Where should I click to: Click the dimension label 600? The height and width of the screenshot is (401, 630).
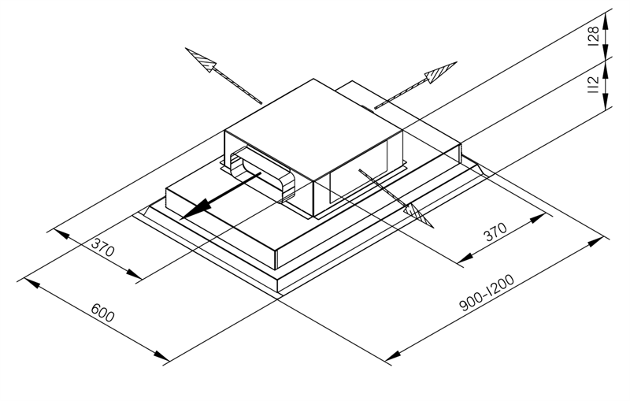click(103, 313)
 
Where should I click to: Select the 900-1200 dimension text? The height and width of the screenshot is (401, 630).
click(487, 293)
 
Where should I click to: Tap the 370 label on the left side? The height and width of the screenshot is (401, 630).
click(103, 247)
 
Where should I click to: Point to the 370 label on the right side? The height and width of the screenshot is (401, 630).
click(495, 232)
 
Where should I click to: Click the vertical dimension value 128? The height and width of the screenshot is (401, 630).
click(594, 36)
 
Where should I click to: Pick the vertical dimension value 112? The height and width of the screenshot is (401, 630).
click(594, 84)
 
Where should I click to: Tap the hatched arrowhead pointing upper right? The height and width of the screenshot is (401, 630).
click(441, 72)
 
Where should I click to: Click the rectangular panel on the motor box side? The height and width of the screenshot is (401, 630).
click(359, 170)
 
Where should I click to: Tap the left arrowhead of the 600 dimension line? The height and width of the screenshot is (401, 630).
click(31, 282)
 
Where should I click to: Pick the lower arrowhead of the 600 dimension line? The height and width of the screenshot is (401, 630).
click(161, 355)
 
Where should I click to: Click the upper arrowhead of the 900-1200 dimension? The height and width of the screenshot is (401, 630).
click(595, 242)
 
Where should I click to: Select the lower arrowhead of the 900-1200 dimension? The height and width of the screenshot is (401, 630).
click(392, 355)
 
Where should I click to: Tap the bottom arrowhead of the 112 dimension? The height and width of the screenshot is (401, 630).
click(606, 101)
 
